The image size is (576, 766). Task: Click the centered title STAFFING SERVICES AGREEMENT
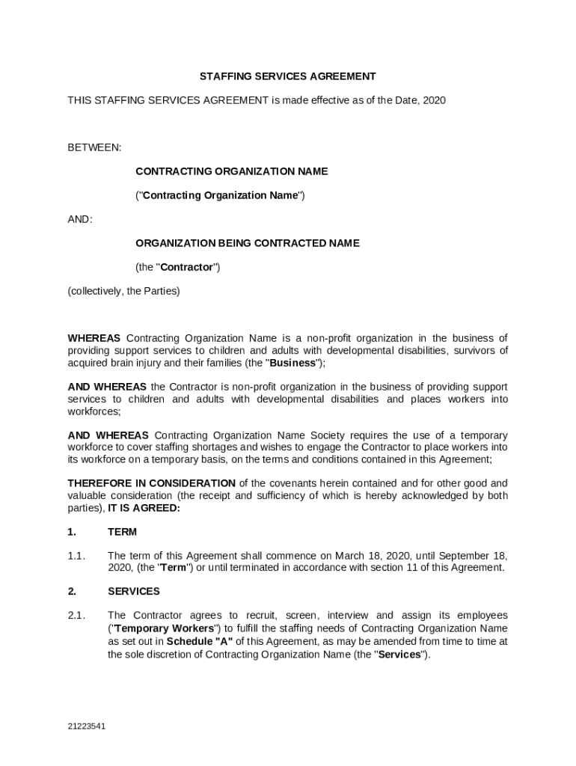(287, 76)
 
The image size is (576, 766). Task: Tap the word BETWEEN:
(94, 147)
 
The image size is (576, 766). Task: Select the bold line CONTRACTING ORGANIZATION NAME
(231, 171)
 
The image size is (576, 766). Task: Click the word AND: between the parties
(80, 219)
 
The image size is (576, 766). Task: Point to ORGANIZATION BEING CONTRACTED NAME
(247, 243)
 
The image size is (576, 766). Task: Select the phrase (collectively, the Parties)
(123, 291)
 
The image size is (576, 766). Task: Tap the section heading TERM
(122, 532)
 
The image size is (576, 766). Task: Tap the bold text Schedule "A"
(200, 641)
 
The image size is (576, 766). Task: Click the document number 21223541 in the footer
(86, 726)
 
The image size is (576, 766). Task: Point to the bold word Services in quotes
(399, 655)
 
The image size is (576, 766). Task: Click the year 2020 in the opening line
(434, 99)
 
